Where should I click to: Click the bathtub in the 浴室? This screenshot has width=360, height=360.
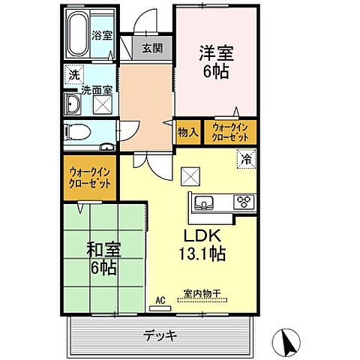[78, 34]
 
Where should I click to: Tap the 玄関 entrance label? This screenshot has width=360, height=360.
[151, 48]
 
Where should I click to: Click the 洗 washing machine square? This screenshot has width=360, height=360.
[73, 75]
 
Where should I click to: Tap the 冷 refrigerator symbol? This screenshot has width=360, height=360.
[245, 159]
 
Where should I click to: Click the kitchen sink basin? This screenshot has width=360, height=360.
[207, 201]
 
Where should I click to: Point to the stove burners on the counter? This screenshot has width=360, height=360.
[244, 201]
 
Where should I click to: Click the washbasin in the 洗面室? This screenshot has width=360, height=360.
[74, 103]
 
